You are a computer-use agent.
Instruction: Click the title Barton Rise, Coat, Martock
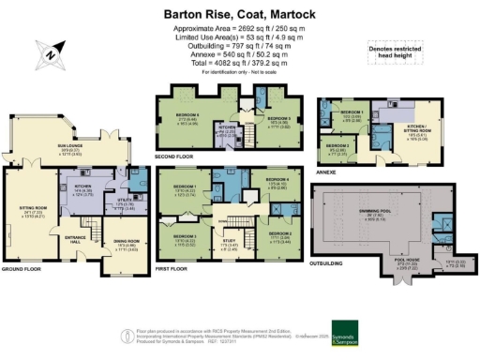pos(240,14)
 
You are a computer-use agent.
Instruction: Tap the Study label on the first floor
pos(229,242)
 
